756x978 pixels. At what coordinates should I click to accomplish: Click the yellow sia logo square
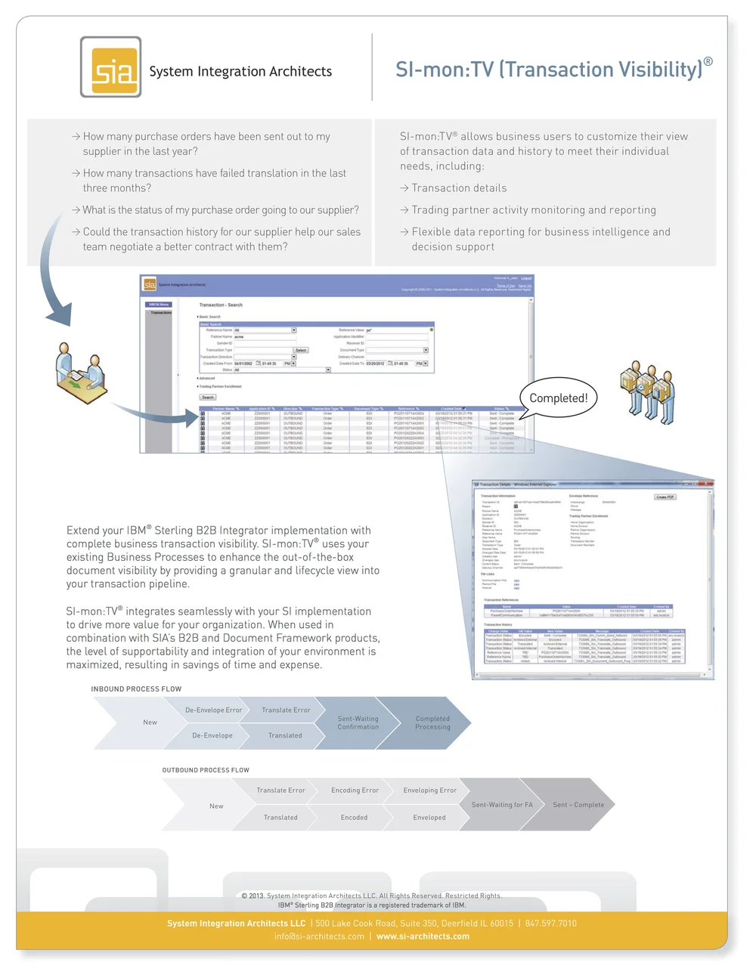[111, 67]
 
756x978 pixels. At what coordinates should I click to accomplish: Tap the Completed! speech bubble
[558, 398]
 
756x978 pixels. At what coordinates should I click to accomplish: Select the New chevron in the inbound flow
[150, 723]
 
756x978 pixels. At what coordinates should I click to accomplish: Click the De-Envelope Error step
[213, 710]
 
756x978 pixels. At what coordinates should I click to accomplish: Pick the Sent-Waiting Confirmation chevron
[358, 723]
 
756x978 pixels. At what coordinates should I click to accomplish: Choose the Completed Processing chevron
[432, 723]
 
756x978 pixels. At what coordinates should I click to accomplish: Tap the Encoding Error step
[355, 791]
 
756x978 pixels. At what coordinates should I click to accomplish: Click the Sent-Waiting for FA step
[502, 805]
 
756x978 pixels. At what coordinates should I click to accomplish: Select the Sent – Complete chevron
[578, 805]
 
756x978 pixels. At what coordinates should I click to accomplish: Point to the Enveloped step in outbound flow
[429, 818]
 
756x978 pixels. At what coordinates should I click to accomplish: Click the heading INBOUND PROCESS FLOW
[136, 689]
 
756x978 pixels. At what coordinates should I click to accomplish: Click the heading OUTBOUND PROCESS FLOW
[206, 770]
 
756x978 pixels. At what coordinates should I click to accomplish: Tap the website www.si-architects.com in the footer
[423, 936]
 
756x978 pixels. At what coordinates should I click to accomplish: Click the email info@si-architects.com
[319, 936]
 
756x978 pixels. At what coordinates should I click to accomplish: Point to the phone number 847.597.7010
[550, 924]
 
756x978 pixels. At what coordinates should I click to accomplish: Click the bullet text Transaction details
[459, 188]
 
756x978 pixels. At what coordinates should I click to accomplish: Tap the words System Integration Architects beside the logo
[240, 72]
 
